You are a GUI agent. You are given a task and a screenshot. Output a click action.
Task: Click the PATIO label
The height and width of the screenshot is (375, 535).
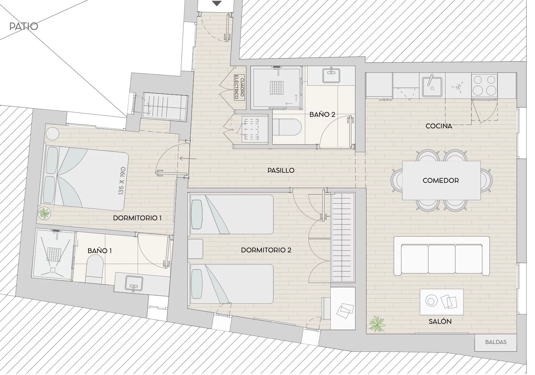pyautogui.click(x=23, y=26)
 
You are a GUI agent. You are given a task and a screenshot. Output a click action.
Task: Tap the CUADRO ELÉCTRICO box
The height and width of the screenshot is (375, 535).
pyautogui.click(x=239, y=88)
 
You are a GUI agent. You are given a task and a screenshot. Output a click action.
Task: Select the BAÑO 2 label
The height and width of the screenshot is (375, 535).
pyautogui.click(x=322, y=115)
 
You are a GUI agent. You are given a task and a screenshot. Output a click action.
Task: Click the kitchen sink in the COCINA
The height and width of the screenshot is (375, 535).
pyautogui.click(x=432, y=87)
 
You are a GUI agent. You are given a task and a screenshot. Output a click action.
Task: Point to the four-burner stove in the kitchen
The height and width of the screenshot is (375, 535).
pyautogui.click(x=484, y=86)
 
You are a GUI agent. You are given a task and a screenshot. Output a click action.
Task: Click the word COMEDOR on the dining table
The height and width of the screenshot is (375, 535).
pyautogui.click(x=441, y=181)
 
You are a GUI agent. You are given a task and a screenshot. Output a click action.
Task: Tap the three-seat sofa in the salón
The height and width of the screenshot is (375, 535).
pyautogui.click(x=442, y=256)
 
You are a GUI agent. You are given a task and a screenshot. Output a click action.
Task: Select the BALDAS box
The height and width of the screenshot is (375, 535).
pyautogui.click(x=496, y=342)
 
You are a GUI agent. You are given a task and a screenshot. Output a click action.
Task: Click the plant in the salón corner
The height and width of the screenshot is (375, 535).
pyautogui.click(x=377, y=324)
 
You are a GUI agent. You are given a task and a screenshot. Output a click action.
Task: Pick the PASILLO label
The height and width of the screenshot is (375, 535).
pyautogui.click(x=281, y=170)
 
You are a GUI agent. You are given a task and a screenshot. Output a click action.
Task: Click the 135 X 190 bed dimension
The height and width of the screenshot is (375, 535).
pyautogui.click(x=122, y=181)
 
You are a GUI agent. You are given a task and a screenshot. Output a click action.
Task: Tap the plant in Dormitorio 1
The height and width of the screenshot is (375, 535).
pyautogui.click(x=44, y=213)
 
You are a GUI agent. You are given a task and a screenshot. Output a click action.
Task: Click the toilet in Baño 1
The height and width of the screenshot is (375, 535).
pyautogui.click(x=95, y=269)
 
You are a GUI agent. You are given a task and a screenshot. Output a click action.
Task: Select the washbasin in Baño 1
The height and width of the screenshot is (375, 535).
pyautogui.click(x=134, y=283)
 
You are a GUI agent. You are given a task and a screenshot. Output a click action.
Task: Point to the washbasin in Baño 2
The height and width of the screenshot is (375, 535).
pyautogui.click(x=331, y=75)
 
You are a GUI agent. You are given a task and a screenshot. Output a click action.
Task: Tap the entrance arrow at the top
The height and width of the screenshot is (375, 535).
pyautogui.click(x=217, y=3)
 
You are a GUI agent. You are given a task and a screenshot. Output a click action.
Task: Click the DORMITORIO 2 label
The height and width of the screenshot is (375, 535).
pyautogui.click(x=266, y=250)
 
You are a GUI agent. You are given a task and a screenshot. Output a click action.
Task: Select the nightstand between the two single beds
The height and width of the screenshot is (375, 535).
pyautogui.click(x=195, y=249)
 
